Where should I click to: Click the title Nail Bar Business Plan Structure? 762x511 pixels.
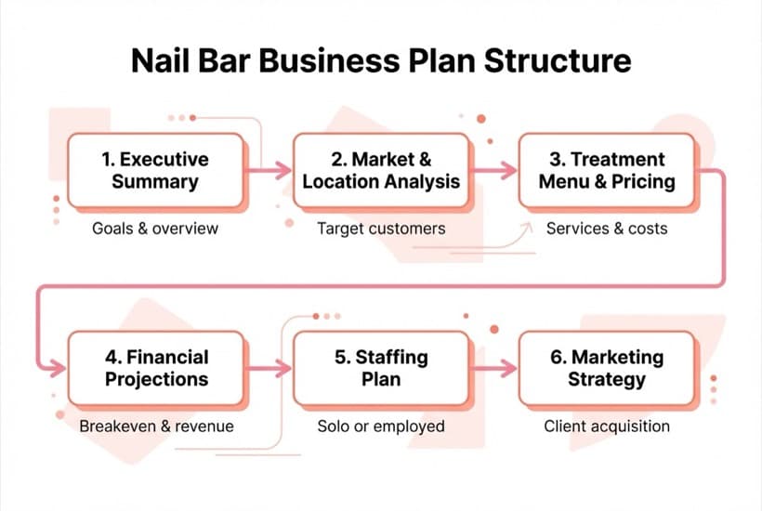(381, 61)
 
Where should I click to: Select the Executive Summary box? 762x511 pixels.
(155, 170)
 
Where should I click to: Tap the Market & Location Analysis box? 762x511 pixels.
(381, 170)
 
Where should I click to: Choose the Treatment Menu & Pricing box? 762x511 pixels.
(606, 170)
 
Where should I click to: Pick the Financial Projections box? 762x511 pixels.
(155, 367)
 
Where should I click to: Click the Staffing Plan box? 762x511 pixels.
(381, 367)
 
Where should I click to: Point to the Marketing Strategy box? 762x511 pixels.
(606, 367)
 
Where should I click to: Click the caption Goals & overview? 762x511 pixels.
(154, 228)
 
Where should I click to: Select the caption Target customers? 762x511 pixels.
(381, 228)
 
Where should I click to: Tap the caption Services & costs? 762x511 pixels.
(606, 228)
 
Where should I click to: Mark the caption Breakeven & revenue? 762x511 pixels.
(156, 426)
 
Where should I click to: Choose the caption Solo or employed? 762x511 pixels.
(381, 426)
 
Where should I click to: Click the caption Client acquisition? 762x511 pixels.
(606, 426)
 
